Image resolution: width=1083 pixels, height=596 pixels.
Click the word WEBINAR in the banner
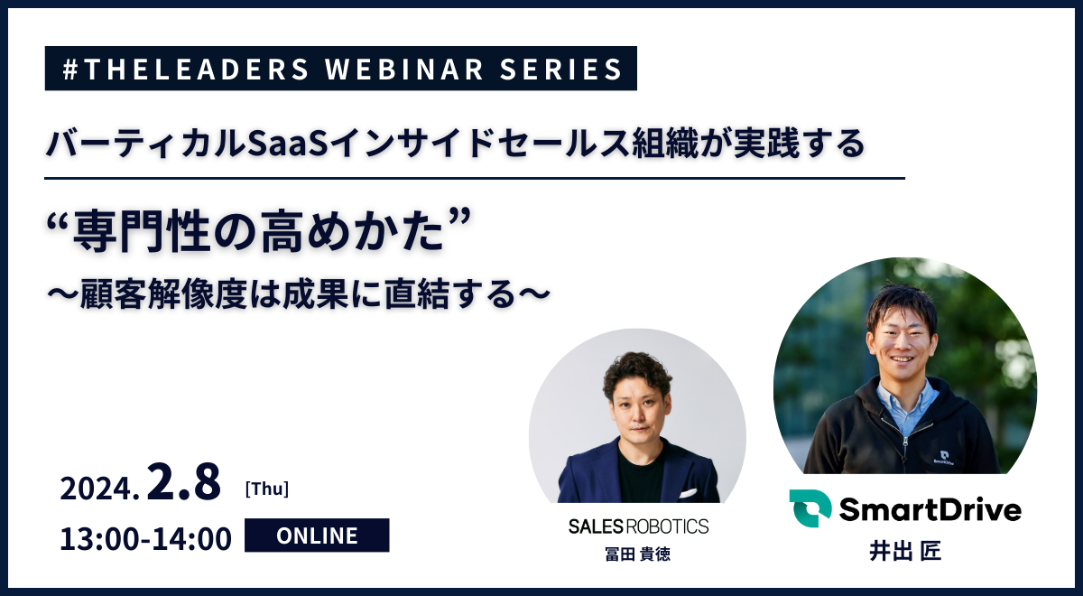[x=404, y=69]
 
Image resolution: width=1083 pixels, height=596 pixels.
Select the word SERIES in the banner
[x=560, y=69]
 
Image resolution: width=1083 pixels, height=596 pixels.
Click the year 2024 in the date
[x=97, y=489]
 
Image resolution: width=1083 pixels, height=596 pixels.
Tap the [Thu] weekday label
[x=267, y=489]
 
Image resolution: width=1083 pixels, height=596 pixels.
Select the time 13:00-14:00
[x=145, y=538]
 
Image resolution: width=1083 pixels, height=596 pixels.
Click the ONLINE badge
[x=317, y=535]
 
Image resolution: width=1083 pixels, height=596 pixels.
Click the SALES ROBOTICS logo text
[x=638, y=526]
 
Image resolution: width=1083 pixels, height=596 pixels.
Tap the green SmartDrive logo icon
[x=810, y=508]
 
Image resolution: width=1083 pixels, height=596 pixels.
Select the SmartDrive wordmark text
[x=930, y=509]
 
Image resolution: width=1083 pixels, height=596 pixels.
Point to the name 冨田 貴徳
[x=638, y=554]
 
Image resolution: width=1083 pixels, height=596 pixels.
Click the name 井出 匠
[x=905, y=551]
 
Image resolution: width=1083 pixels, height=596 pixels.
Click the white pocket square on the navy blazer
[x=688, y=493]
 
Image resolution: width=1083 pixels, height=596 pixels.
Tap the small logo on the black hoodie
[x=943, y=458]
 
